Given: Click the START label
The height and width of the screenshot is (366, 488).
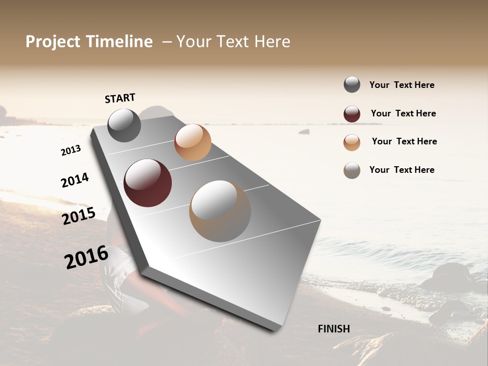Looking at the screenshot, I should (x=120, y=98).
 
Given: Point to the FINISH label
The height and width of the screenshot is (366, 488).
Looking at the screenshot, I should (x=334, y=329).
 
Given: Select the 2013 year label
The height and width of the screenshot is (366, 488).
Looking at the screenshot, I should (x=71, y=150).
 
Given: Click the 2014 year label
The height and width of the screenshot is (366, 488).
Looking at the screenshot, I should (x=75, y=180).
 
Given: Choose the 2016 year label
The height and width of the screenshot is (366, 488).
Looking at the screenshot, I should (x=86, y=257).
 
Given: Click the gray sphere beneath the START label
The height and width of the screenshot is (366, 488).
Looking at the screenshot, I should (x=124, y=125).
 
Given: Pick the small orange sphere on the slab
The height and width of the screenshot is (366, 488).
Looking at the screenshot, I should (x=193, y=142).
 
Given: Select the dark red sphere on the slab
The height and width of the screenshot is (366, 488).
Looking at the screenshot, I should (x=148, y=183).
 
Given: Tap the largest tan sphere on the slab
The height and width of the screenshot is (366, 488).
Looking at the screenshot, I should (x=220, y=211).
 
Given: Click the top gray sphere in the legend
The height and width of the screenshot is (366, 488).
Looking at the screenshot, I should (x=352, y=85).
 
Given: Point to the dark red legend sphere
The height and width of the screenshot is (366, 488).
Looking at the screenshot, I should (x=352, y=114).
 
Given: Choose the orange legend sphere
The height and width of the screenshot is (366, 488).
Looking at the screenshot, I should (x=352, y=142).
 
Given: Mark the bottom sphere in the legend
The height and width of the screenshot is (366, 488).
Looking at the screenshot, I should (x=352, y=170).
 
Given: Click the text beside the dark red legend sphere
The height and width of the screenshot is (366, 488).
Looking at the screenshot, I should (x=403, y=113).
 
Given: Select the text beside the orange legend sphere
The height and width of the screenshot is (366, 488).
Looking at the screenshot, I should (x=404, y=141).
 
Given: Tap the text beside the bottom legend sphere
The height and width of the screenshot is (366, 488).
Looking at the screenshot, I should (x=402, y=170).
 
